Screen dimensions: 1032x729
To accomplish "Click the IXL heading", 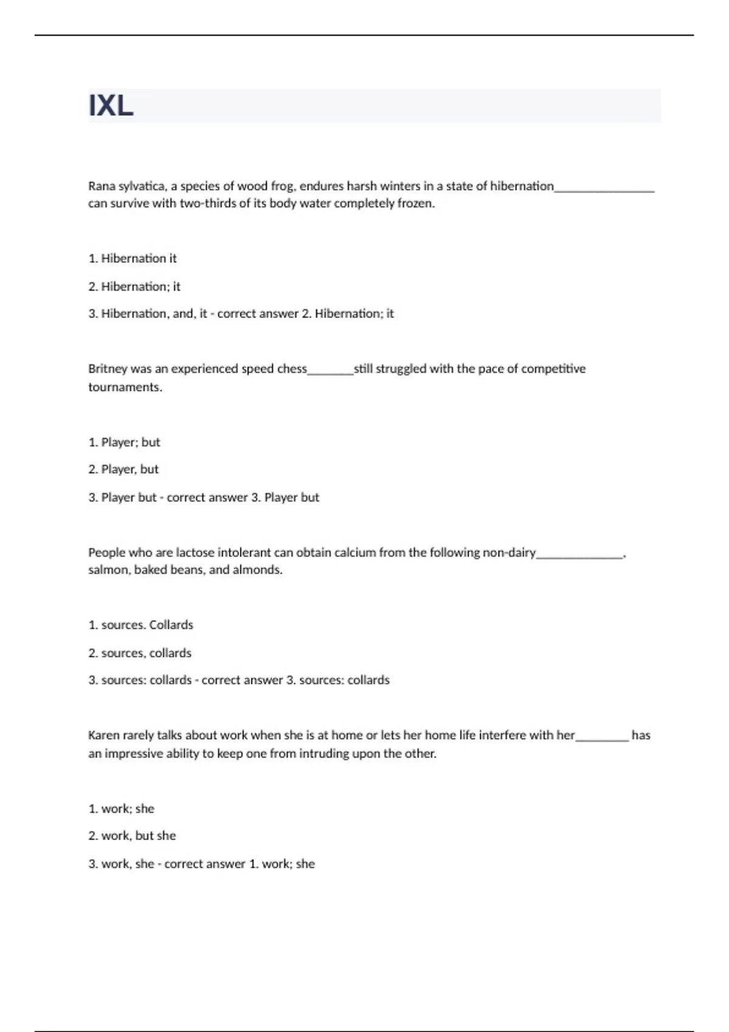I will tap(111, 106).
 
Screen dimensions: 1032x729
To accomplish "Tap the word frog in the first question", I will tap(281, 186).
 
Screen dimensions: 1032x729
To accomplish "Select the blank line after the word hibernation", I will tap(604, 188).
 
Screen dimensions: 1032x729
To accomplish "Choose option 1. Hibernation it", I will tap(132, 259).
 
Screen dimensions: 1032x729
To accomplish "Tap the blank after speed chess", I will tap(330, 372).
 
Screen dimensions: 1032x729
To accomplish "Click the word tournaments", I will tap(125, 387).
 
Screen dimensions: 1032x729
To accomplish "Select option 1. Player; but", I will tap(125, 443).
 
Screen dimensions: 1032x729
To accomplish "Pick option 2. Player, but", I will tap(123, 469).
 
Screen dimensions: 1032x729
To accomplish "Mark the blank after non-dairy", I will tap(580, 555).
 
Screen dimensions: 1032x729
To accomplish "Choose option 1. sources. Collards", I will tap(141, 625).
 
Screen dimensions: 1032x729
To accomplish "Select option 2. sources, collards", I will tap(140, 653).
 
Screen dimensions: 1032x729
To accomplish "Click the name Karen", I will tap(104, 736).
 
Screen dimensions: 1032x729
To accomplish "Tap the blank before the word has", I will tap(601, 738).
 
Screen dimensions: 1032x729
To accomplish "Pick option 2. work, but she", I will tap(132, 836).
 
